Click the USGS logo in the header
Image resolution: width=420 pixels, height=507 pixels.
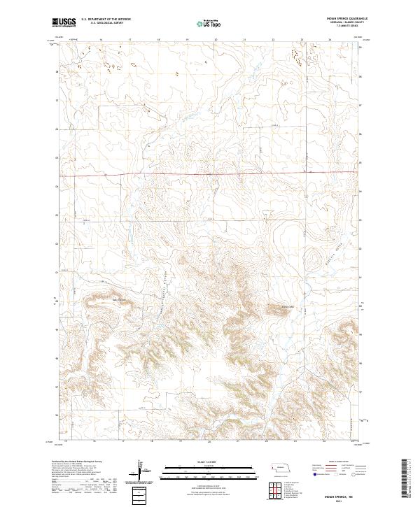(64, 22)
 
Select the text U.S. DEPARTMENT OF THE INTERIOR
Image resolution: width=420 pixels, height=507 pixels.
(106, 20)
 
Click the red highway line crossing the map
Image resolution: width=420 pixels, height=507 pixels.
(210, 173)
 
